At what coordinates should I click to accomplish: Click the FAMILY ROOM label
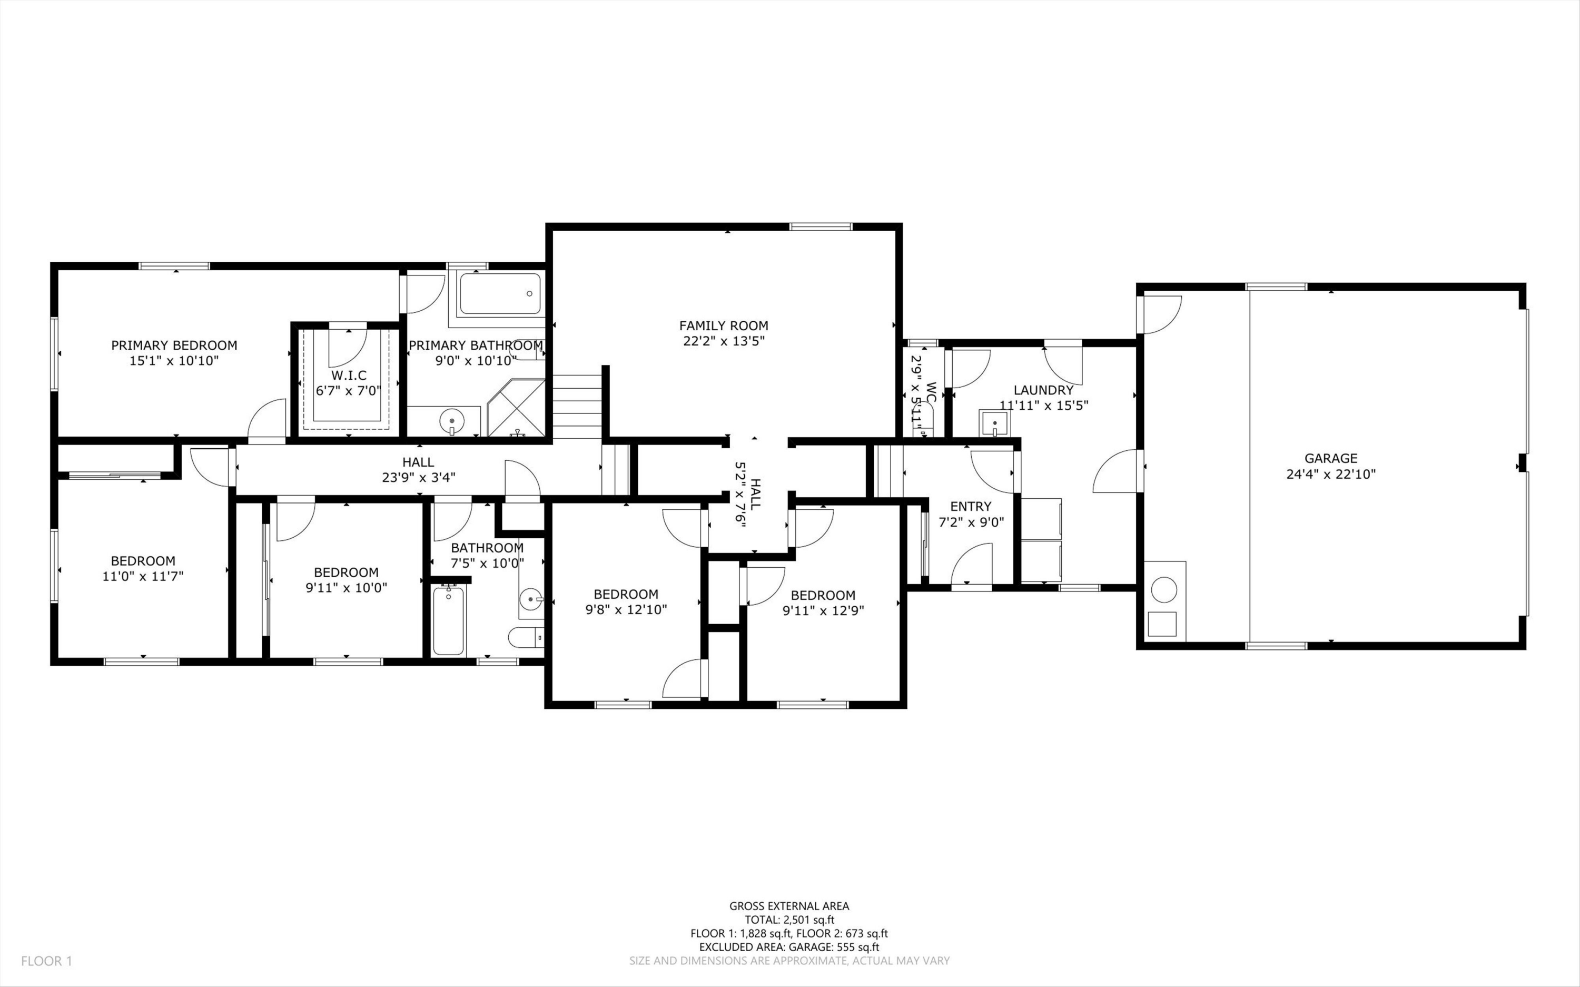(723, 325)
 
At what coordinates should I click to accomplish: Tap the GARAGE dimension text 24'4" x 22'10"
(1331, 475)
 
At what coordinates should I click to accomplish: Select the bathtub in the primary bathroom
(500, 294)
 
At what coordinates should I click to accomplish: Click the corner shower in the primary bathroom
(516, 407)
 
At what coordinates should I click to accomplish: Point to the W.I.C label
(349, 376)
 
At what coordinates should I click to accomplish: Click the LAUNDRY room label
(1043, 390)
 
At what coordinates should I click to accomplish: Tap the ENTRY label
(971, 506)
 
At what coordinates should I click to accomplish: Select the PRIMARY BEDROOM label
(174, 346)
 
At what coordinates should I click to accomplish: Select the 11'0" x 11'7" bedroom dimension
(143, 576)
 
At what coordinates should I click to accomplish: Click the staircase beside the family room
(577, 407)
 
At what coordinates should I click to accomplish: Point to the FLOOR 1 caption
(46, 961)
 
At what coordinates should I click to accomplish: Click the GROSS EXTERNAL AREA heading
(789, 905)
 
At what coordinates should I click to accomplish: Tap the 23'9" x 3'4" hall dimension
(418, 478)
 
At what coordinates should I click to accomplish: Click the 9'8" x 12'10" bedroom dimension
(626, 610)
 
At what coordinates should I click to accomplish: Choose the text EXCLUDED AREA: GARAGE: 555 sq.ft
(789, 947)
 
